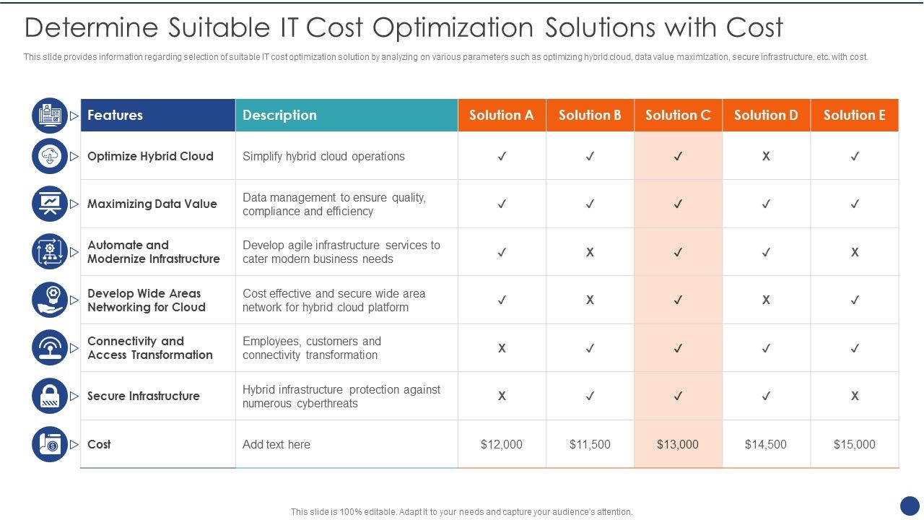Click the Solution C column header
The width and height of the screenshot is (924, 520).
(x=678, y=115)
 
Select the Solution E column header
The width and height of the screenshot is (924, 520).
(x=854, y=115)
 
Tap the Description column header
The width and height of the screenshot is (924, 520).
(x=279, y=115)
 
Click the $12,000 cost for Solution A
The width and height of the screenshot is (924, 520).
(x=502, y=444)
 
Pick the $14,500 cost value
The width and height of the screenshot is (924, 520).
(x=766, y=444)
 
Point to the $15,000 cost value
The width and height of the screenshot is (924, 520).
(x=854, y=444)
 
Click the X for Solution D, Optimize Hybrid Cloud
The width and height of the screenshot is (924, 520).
(x=766, y=156)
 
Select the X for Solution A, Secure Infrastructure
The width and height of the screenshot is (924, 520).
(x=502, y=396)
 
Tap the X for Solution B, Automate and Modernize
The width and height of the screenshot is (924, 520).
(x=590, y=252)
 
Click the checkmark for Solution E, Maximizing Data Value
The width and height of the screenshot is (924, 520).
(x=854, y=204)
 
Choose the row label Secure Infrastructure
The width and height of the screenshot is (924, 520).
(x=143, y=396)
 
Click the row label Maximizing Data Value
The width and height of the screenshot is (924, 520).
(x=152, y=204)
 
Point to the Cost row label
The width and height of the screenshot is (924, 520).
(x=99, y=444)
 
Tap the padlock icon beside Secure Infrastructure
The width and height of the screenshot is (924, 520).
(x=50, y=396)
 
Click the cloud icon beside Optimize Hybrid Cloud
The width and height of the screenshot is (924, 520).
(x=50, y=156)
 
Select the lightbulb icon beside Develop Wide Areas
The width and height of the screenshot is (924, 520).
(x=50, y=300)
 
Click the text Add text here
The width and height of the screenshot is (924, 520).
(x=276, y=444)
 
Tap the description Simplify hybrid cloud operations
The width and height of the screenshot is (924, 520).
(x=323, y=156)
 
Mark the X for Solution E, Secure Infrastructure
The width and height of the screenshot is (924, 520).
(x=854, y=396)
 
